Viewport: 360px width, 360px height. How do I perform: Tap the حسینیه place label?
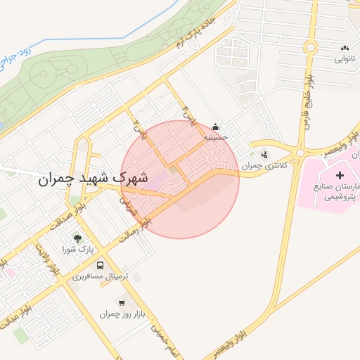tap(216, 138)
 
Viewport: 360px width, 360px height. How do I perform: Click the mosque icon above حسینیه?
tap(215, 127)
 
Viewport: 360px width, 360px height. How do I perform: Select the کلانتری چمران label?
tap(257, 166)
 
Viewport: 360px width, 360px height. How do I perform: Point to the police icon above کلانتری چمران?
tap(264, 155)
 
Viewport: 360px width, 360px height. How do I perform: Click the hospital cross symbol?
tap(340, 174)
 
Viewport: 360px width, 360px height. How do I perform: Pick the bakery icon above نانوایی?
tap(345, 48)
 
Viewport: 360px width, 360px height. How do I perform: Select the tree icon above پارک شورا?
tap(78, 239)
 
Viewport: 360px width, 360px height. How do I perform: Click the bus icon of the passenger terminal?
tap(100, 266)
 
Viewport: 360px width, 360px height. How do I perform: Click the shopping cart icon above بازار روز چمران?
tap(122, 303)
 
